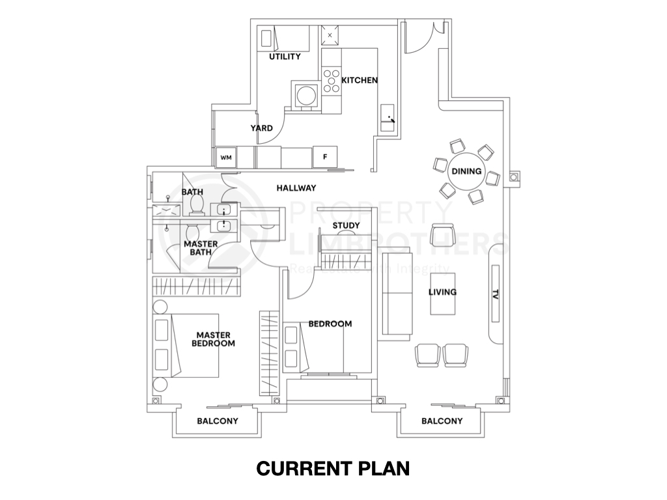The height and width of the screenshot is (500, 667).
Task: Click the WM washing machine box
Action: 226,157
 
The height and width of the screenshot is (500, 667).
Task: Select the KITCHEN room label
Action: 360,80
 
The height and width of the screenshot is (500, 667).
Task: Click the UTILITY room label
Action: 285,57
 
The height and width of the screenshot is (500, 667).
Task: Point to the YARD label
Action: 262,128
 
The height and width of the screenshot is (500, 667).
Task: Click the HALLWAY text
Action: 296,188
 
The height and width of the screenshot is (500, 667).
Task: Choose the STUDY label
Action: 346,226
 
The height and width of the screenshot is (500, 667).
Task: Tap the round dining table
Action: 466,172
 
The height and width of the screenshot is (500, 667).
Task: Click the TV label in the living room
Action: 496,294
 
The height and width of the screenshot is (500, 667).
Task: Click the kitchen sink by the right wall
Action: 388,117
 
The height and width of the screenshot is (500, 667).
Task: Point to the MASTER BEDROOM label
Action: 213,339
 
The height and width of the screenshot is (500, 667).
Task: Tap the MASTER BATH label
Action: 201,249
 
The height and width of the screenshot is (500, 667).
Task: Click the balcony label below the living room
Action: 442,421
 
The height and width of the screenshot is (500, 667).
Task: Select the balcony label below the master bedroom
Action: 218,421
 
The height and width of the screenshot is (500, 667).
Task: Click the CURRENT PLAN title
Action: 333,468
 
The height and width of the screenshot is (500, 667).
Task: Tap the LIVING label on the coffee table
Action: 442,292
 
